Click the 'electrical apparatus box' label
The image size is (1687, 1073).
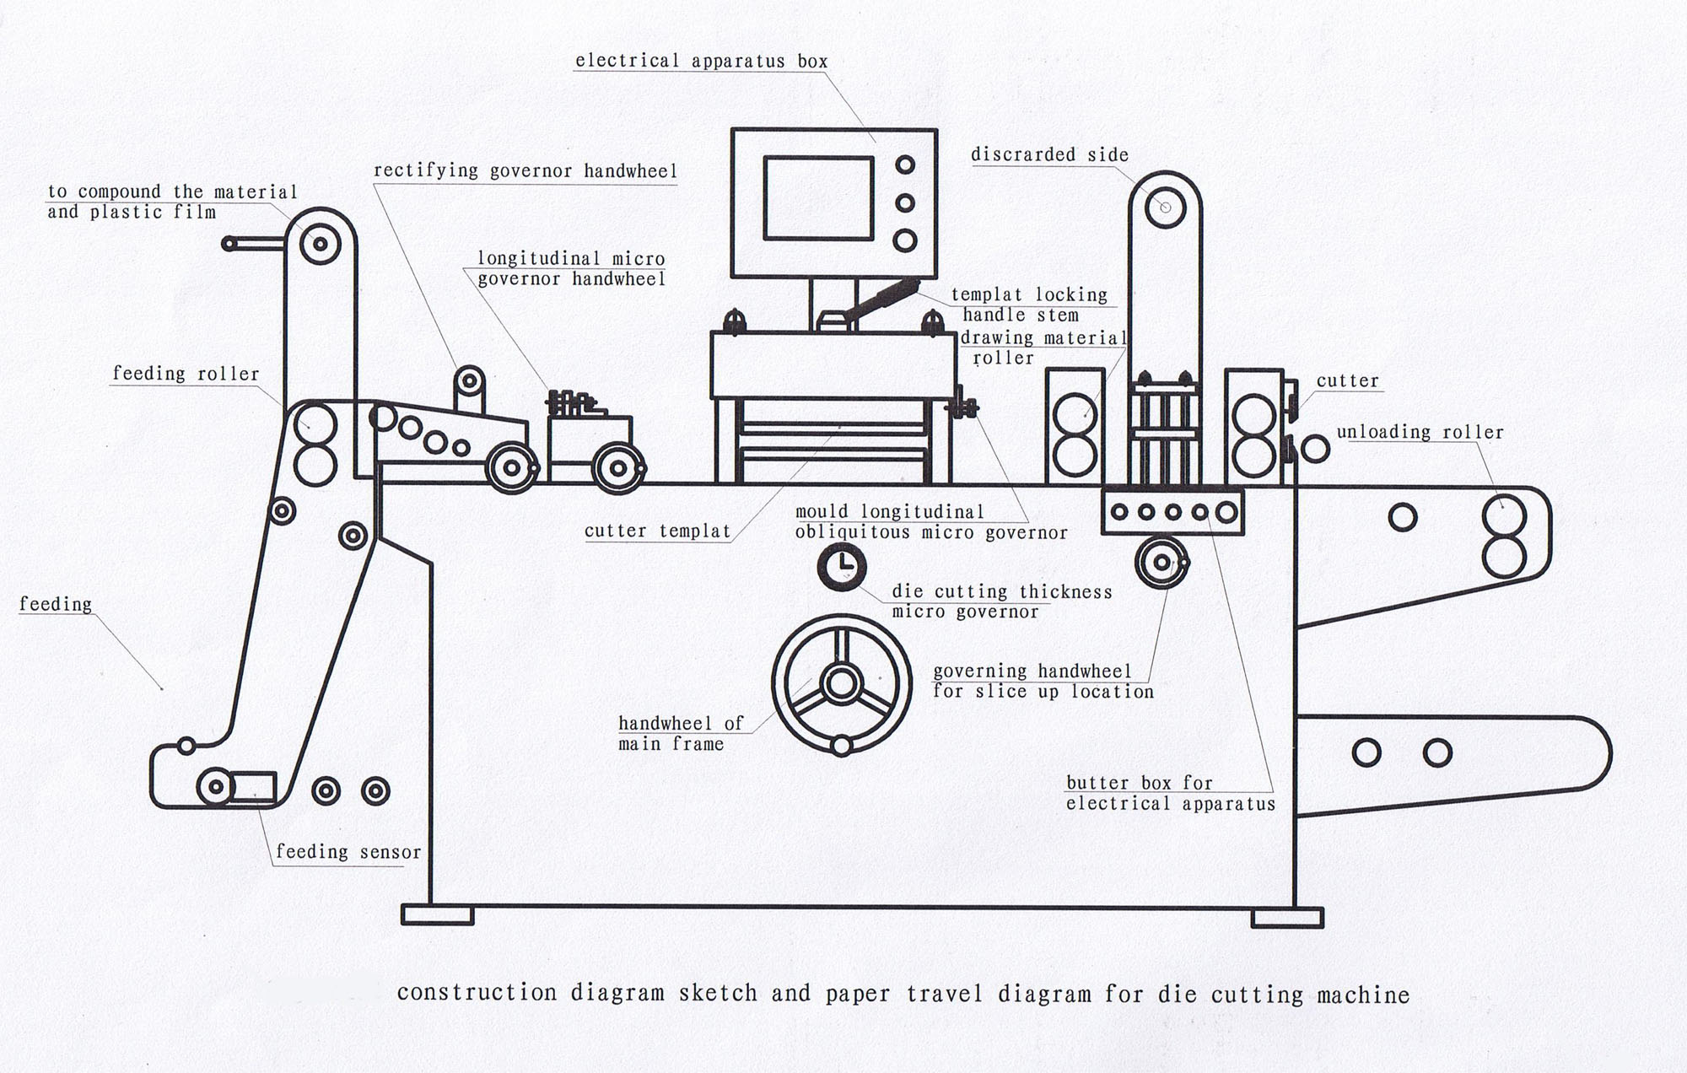click(701, 61)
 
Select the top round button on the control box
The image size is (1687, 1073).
click(905, 164)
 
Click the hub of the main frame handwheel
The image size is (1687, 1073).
click(841, 683)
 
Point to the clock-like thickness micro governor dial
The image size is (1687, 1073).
click(842, 567)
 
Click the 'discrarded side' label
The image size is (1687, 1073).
click(1049, 154)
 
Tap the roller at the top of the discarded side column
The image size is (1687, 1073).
click(1165, 207)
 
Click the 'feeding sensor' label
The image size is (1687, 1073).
click(348, 852)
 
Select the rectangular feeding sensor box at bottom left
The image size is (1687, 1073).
click(253, 786)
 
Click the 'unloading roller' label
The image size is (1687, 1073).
click(1420, 432)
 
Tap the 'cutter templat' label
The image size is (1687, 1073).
click(657, 531)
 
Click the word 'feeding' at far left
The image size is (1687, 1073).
click(56, 604)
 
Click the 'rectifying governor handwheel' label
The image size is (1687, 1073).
click(525, 170)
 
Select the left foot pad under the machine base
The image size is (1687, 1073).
click(437, 915)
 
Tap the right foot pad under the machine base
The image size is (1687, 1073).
click(1287, 917)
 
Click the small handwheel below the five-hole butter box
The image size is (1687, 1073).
click(1161, 562)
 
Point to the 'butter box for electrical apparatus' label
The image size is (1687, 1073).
click(1170, 793)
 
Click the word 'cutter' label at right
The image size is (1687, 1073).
click(1347, 380)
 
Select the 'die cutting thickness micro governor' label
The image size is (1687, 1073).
click(1001, 601)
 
